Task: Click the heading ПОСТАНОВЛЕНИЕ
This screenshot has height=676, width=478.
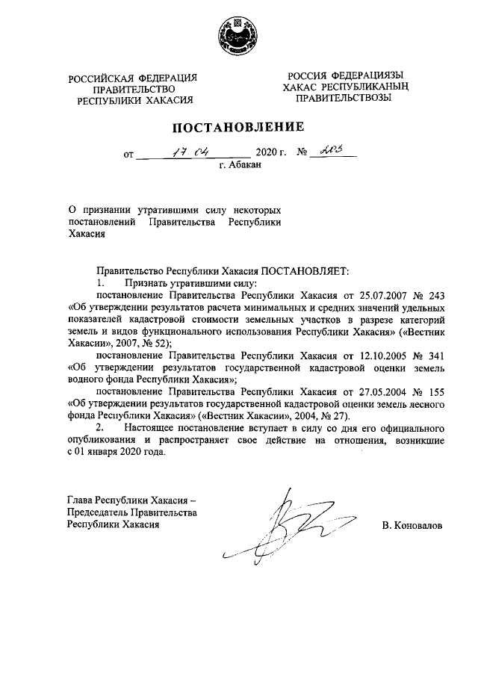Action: coord(239,127)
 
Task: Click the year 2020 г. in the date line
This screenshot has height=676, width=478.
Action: coord(271,155)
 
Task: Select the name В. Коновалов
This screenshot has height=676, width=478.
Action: coord(412,525)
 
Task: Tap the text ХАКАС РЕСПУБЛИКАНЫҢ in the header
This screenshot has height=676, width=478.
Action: coord(342,87)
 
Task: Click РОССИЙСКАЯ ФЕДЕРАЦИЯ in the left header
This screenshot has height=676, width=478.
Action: coord(133,78)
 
